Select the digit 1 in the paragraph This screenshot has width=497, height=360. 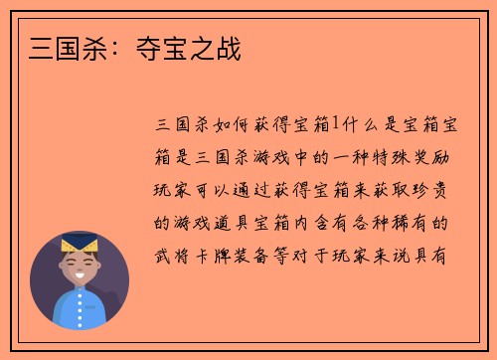click(334, 122)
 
